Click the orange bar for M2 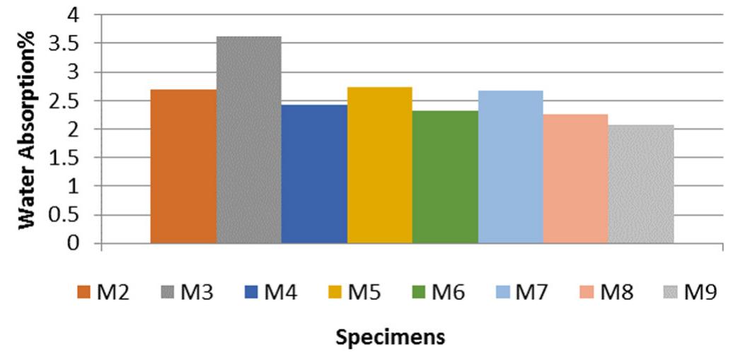[183, 166]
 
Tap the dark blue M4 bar [314, 174]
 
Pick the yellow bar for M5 [379, 166]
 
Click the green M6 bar [445, 177]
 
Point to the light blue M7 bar [510, 167]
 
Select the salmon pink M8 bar [575, 179]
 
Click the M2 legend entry [104, 291]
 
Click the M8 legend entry [608, 291]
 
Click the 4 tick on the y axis [73, 15]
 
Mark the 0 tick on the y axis [73, 244]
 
